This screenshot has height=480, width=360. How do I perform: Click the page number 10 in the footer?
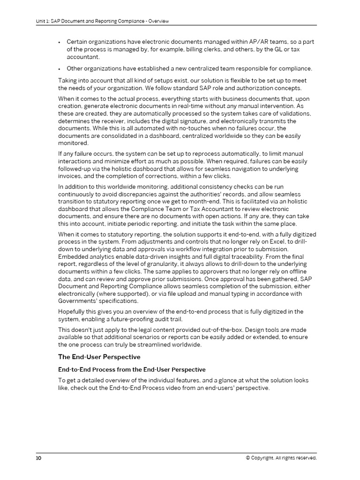click(x=38, y=458)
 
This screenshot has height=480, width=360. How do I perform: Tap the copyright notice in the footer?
click(x=281, y=458)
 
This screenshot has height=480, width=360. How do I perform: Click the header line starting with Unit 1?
click(x=102, y=21)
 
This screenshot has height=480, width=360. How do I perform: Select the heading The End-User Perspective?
click(x=99, y=357)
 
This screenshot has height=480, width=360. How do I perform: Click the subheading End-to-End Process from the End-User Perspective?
click(x=132, y=370)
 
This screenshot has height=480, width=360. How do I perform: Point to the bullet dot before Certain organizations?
click(x=60, y=42)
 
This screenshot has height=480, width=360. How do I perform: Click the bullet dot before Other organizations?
click(x=60, y=69)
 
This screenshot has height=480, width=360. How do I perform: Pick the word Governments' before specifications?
click(x=77, y=301)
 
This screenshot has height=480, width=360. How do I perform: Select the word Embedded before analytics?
click(x=74, y=257)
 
